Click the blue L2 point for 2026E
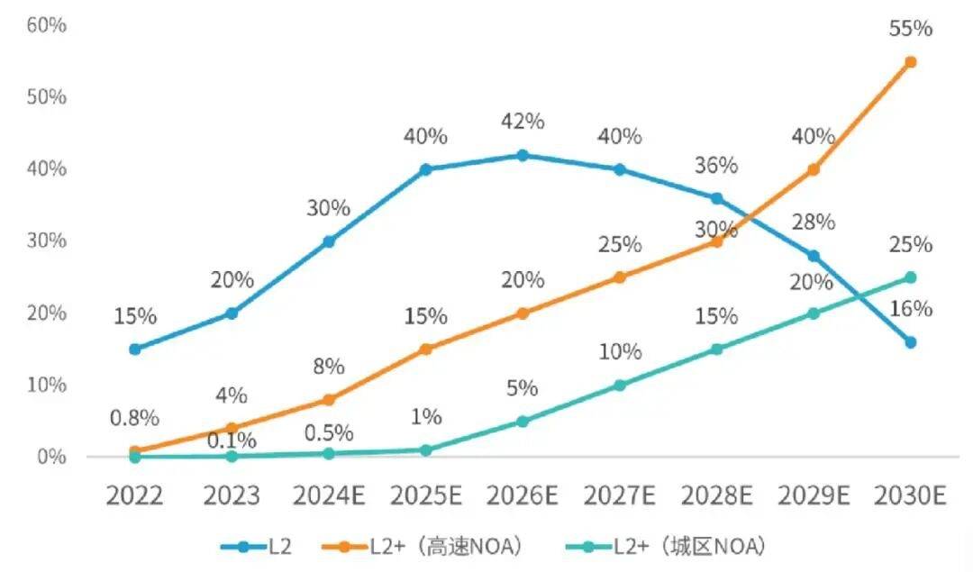(523, 155)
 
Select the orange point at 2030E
(910, 62)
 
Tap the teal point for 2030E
(910, 277)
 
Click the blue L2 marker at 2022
(135, 349)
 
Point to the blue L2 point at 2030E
(910, 342)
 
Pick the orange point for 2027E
(619, 277)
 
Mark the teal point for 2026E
(523, 421)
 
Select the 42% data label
(523, 121)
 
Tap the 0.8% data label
(134, 418)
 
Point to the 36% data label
(716, 166)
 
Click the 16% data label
(910, 309)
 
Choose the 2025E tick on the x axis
(426, 496)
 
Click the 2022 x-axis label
(135, 496)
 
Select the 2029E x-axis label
(813, 496)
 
